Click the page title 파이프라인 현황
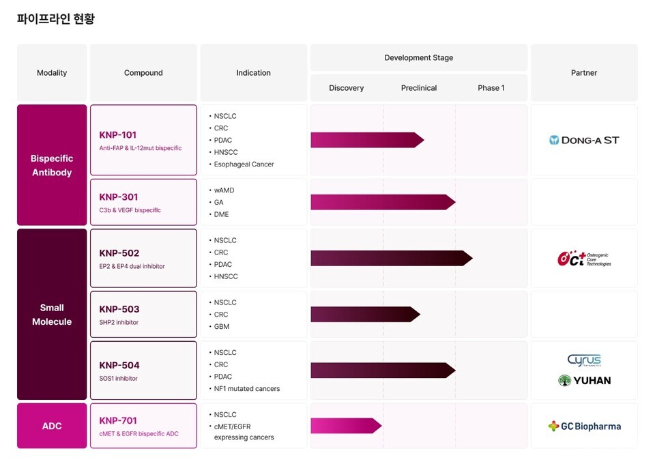(x=56, y=19)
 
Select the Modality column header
(x=52, y=73)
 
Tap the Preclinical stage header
(x=419, y=88)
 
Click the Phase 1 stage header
(x=491, y=88)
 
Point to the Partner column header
(x=584, y=73)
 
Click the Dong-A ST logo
(x=584, y=140)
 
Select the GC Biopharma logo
(x=584, y=426)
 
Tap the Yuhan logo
(x=584, y=381)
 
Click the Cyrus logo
(x=584, y=360)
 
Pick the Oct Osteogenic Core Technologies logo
(x=584, y=259)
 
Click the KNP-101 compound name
(x=118, y=135)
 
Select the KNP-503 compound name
(x=119, y=309)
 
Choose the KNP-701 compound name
(x=118, y=421)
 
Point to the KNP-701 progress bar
(x=345, y=426)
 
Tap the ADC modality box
(x=52, y=426)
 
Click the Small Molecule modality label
(x=52, y=315)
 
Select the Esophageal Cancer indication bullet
(x=244, y=164)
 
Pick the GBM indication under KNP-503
(x=222, y=327)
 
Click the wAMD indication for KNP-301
(x=224, y=190)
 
